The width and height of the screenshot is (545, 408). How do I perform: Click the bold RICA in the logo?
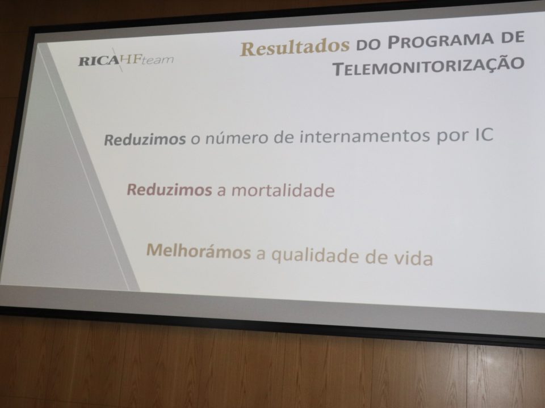pos(99,61)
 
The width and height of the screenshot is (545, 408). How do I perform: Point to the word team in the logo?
pos(158,59)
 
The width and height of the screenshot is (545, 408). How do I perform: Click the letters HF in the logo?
pos(131,59)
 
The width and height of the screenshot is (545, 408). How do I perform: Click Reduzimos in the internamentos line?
pos(145,139)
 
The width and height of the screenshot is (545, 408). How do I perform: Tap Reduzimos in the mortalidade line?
pos(169,190)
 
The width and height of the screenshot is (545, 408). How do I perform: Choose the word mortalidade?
pos(283,190)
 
